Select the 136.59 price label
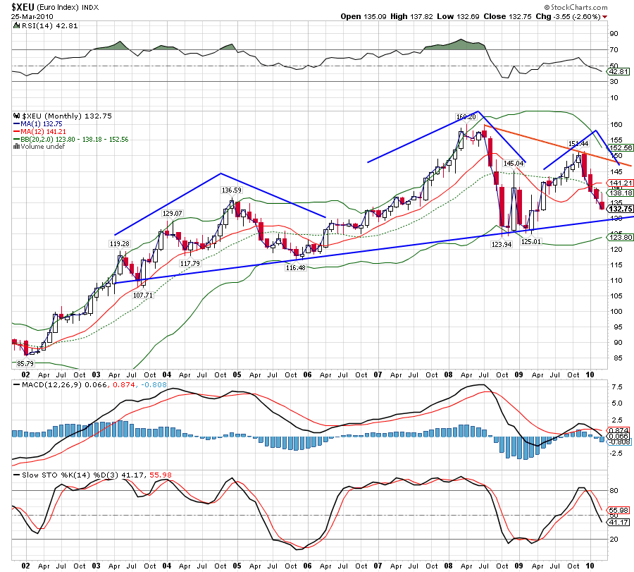[232, 190]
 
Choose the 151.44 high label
[578, 144]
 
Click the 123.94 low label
[501, 244]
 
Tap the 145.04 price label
[514, 163]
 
